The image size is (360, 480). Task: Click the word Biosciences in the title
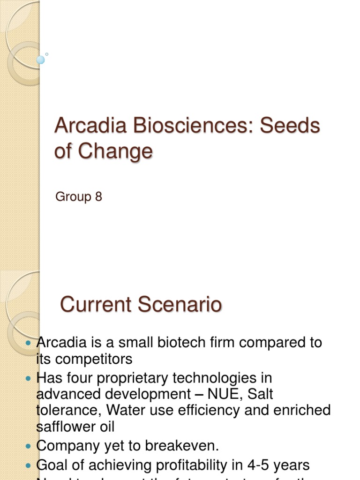tap(183, 126)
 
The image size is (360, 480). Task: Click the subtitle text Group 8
tap(78, 197)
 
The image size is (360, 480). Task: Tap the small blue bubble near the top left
tap(41, 60)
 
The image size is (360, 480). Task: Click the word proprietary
tap(128, 377)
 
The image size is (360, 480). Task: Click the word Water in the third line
tap(123, 410)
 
